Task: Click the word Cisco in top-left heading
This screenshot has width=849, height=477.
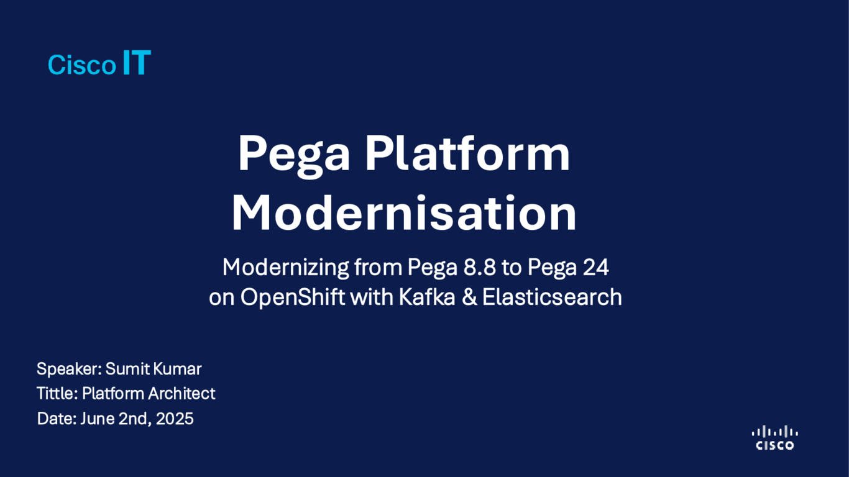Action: click(81, 65)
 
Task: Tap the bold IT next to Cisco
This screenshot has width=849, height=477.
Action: click(136, 63)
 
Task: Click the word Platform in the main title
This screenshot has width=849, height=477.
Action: click(467, 155)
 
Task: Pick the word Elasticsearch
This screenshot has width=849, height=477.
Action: click(552, 298)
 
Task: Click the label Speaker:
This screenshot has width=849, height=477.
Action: click(69, 369)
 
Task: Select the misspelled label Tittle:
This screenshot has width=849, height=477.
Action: click(58, 394)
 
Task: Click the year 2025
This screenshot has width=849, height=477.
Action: click(175, 419)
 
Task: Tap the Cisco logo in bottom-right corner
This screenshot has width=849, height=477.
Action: click(774, 438)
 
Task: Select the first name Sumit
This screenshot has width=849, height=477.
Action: click(124, 369)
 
